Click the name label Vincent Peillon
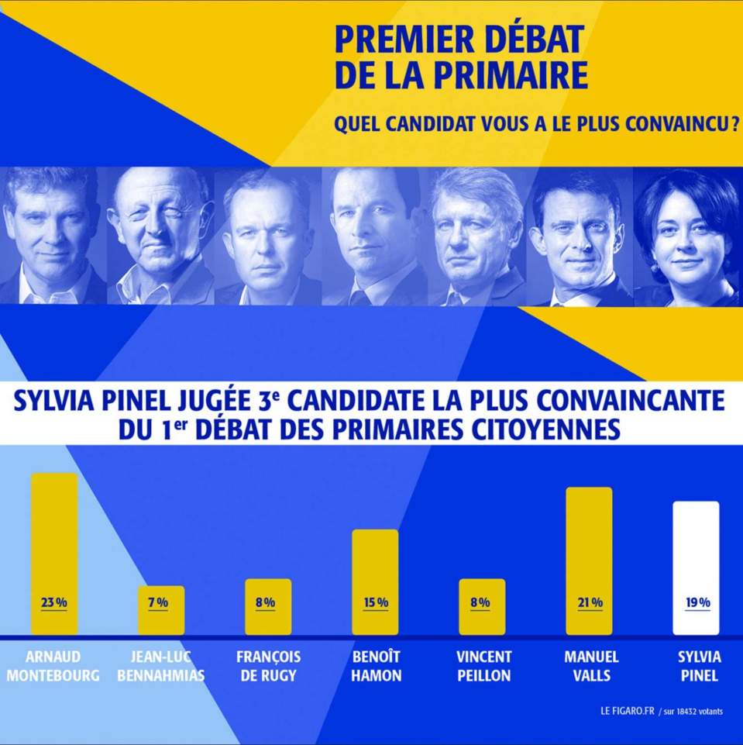click(482, 666)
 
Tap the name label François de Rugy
click(268, 666)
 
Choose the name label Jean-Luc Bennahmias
click(161, 666)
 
